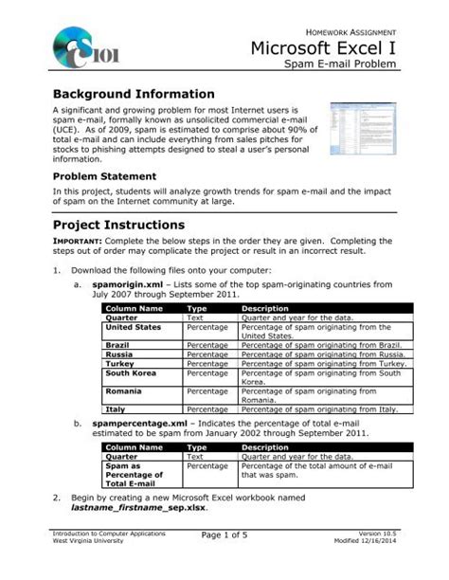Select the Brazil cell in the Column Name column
pos(117,345)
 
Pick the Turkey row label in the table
pos(118,363)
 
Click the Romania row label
pos(124,391)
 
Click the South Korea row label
pos(132,372)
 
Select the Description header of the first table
pos(265,309)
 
